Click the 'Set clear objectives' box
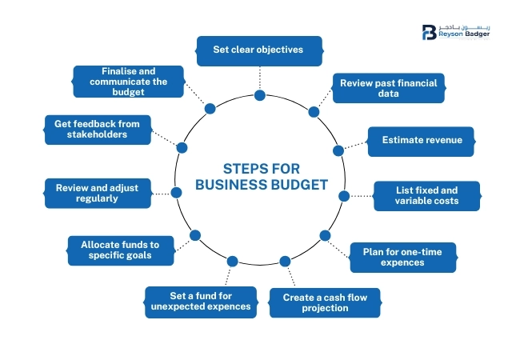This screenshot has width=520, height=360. click(x=258, y=50)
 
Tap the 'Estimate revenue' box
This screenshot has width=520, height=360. click(x=422, y=141)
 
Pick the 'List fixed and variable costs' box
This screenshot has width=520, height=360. click(x=427, y=195)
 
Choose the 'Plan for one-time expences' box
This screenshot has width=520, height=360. click(x=403, y=258)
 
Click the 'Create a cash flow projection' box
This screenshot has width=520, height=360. click(x=326, y=302)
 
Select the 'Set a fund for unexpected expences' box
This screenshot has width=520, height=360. click(x=200, y=300)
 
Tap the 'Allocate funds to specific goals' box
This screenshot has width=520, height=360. click(x=121, y=250)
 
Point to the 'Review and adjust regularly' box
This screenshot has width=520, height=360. click(x=97, y=193)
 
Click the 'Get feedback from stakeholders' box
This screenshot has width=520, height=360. click(x=98, y=130)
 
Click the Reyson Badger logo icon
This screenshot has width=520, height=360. click(x=429, y=33)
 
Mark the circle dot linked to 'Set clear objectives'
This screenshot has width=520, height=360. click(x=259, y=95)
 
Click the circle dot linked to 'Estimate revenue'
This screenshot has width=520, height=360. click(x=338, y=150)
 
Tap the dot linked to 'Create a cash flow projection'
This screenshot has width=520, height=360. click(x=285, y=261)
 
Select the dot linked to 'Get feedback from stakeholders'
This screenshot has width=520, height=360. click(x=182, y=147)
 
